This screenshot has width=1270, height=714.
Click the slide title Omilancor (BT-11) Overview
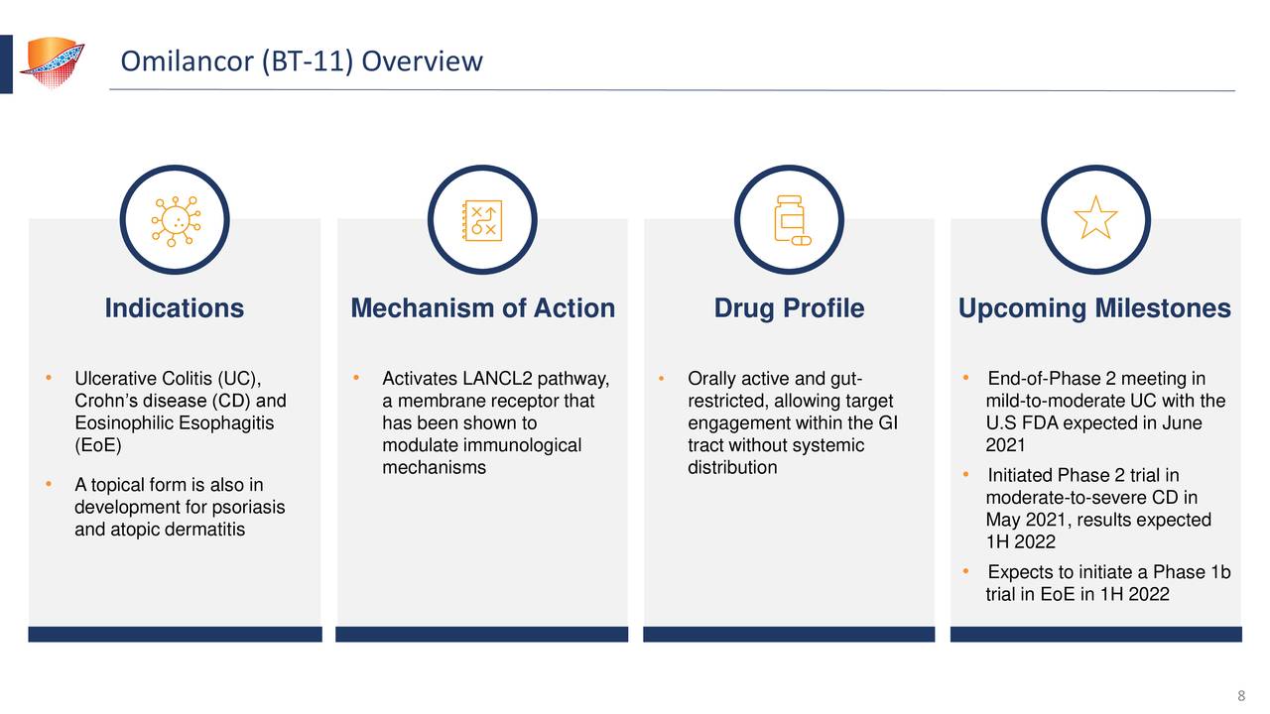pos(301,62)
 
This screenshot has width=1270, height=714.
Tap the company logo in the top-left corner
pos(52,61)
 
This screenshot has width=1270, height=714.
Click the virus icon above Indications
pos(175,219)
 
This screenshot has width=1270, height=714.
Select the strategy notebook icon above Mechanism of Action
pos(482,219)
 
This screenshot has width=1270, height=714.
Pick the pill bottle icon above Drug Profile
pos(790,219)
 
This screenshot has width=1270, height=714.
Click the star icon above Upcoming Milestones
pos(1095,219)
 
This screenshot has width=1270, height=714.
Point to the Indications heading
pos(175,308)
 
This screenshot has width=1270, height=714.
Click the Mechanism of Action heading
pos(482,308)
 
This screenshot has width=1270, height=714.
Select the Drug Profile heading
pos(789,308)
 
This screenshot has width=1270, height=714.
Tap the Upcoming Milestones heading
pos(1094,308)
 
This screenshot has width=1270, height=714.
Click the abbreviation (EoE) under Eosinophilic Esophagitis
pos(98,445)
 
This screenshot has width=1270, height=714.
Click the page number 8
pos(1241,694)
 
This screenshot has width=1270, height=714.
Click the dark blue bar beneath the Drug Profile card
pos(789,634)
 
